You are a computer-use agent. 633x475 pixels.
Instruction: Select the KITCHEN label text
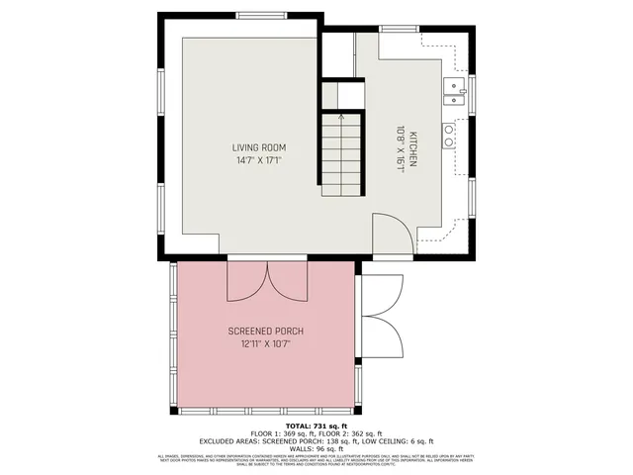point(413,147)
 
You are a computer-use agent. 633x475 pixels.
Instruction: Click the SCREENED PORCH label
point(265,331)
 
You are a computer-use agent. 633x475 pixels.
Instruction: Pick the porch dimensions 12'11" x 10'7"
point(265,343)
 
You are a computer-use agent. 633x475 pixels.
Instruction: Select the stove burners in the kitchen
point(449,136)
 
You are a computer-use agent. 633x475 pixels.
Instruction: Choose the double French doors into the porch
point(265,281)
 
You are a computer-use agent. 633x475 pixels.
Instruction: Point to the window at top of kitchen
point(401,28)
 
